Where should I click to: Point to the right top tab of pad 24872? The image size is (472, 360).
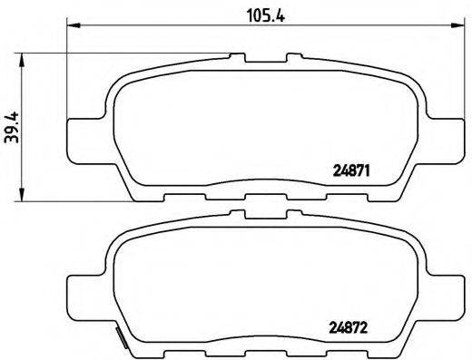tap(295, 218)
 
